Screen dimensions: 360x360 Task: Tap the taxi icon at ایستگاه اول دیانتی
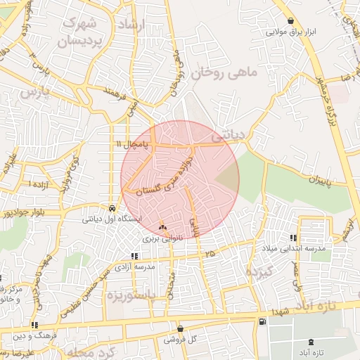tap(112, 208)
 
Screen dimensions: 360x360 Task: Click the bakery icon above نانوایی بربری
tap(163, 228)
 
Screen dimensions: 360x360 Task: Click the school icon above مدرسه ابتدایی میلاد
tap(293, 238)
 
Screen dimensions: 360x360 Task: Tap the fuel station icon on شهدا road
tap(262, 321)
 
